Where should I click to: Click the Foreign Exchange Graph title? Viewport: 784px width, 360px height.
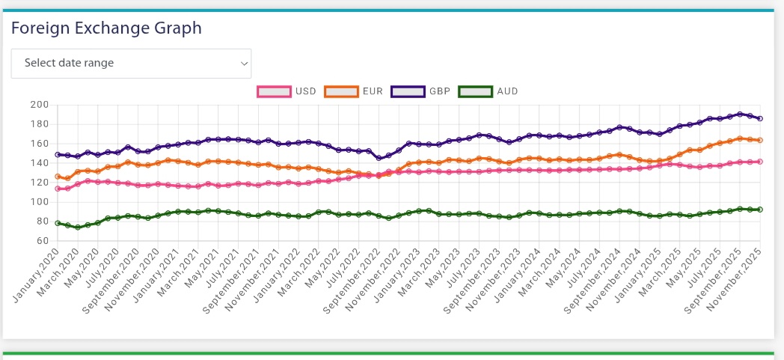click(106, 28)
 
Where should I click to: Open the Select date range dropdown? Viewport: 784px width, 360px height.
click(131, 64)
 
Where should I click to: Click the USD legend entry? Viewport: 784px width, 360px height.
click(287, 91)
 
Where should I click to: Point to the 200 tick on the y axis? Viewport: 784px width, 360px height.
click(39, 105)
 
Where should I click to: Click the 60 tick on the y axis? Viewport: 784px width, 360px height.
click(42, 241)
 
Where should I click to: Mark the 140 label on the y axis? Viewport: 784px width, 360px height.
click(39, 163)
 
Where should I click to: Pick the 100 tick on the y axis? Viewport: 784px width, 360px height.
click(39, 202)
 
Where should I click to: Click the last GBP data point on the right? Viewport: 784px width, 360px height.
click(760, 118)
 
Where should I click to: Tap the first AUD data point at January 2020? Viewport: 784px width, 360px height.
click(58, 223)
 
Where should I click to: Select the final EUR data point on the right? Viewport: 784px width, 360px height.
click(760, 140)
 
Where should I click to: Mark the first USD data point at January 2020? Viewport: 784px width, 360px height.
click(58, 189)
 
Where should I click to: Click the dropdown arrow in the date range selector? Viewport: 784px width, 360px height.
click(244, 64)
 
